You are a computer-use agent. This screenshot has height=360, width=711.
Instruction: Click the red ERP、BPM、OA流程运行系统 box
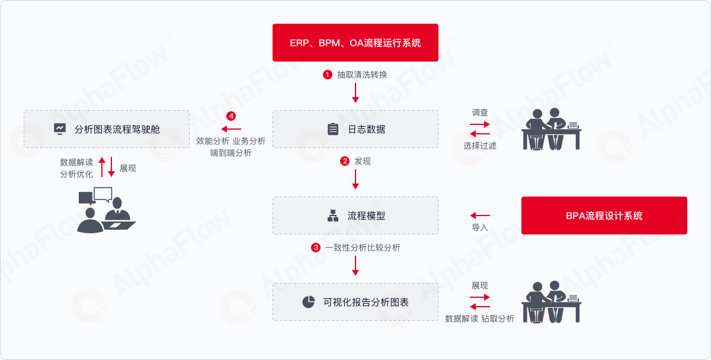355,43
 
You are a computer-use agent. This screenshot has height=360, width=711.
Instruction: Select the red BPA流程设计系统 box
604,216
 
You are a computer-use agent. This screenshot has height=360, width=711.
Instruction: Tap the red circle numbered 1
327,75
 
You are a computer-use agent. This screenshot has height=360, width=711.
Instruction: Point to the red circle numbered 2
344,161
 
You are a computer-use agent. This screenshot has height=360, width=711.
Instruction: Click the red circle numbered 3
315,247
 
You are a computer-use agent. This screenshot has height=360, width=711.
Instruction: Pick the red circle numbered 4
230,116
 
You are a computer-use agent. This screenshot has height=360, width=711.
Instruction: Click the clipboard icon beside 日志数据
332,129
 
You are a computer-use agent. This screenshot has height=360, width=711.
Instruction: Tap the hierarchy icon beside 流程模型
332,216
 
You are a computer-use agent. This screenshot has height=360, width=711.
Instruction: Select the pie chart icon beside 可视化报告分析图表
308,302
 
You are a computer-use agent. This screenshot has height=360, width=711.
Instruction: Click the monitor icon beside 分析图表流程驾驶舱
60,129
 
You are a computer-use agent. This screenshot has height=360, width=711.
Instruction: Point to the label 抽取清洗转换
362,75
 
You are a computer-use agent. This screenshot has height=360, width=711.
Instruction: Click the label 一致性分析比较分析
363,247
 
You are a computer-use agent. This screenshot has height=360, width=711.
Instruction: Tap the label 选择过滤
479,146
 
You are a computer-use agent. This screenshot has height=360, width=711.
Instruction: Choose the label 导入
479,227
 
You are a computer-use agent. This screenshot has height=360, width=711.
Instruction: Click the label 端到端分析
230,153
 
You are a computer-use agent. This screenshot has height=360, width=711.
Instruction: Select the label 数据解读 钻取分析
479,319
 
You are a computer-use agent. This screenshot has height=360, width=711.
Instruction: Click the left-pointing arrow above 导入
480,216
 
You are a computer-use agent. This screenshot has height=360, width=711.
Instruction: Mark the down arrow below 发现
355,179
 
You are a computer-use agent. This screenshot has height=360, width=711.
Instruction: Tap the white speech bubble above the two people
103,194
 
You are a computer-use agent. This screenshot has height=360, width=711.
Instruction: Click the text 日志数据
366,130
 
